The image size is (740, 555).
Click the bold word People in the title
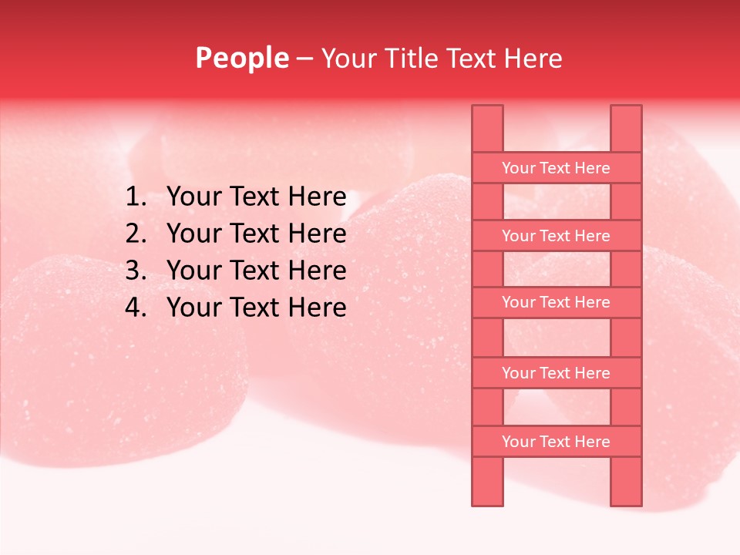242,58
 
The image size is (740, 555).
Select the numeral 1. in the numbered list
136,197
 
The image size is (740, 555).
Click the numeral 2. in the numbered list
136,234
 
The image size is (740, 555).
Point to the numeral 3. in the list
136,271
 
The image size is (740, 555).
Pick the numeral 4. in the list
136,308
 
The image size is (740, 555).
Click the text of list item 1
256,197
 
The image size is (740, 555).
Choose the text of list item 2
256,234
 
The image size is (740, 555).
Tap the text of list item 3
256,271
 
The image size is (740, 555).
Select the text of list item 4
256,308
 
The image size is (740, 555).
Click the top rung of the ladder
556,168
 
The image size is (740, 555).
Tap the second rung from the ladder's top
556,236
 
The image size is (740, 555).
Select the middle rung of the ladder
556,303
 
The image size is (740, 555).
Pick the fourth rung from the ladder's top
556,373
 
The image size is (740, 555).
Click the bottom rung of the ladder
556,442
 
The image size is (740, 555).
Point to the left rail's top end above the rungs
487,128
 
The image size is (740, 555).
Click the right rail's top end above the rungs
626,128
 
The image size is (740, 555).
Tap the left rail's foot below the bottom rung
487,481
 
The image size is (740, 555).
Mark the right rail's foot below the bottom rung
626,481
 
